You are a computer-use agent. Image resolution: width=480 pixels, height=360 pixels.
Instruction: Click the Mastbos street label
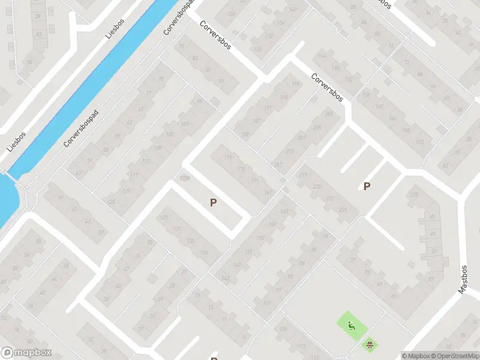463,279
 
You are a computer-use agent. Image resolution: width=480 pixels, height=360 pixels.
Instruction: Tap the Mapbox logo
26,353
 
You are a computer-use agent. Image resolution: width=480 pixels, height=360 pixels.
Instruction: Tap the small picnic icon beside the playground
370,344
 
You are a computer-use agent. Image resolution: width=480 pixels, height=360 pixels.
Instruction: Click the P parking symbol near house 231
367,186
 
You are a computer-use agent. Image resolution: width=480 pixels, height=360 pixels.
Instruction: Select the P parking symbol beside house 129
213,203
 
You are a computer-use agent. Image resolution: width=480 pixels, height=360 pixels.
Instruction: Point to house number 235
414,195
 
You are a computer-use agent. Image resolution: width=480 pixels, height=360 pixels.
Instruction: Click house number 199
295,84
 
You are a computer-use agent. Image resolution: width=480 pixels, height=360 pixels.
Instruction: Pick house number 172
420,142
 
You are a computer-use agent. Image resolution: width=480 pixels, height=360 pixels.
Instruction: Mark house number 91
222,82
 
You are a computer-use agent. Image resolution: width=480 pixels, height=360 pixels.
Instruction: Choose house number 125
112,202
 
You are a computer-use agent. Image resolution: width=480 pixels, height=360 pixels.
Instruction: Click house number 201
328,113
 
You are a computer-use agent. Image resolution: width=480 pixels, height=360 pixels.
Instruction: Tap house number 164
392,118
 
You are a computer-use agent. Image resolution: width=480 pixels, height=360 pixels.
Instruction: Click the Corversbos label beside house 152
327,88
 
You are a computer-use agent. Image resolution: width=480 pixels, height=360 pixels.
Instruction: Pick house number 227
329,199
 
